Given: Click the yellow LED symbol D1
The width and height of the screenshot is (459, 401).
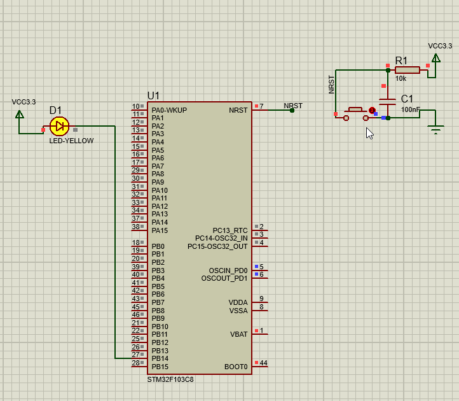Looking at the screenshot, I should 59,126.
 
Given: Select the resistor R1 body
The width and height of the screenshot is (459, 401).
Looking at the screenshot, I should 407,70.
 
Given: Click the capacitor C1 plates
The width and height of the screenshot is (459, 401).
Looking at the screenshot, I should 387,102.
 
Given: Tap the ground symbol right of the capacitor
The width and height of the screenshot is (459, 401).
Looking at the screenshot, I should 435,130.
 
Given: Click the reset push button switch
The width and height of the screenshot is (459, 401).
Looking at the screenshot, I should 355,113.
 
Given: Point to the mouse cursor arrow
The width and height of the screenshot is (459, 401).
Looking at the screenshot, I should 369,132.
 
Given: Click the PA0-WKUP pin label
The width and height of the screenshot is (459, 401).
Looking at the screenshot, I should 169,110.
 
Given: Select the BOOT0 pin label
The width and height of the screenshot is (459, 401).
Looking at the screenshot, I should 236,367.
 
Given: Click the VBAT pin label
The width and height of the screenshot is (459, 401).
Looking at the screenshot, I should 238,334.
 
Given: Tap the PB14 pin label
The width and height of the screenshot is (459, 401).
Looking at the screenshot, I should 160,358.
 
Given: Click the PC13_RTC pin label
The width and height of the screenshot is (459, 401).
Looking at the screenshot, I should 229,230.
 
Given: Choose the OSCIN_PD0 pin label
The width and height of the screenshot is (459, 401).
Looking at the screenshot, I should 228,271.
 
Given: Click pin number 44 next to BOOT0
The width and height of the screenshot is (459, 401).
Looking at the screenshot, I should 263,363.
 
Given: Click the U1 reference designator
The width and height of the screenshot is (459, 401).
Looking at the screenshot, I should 154,95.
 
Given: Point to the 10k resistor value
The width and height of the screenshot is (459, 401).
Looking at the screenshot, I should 401,79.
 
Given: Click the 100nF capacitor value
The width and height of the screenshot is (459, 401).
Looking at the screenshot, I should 410,109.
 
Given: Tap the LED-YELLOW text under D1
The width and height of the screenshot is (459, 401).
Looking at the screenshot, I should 71,141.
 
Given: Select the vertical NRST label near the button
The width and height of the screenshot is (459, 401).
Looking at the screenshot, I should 331,84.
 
